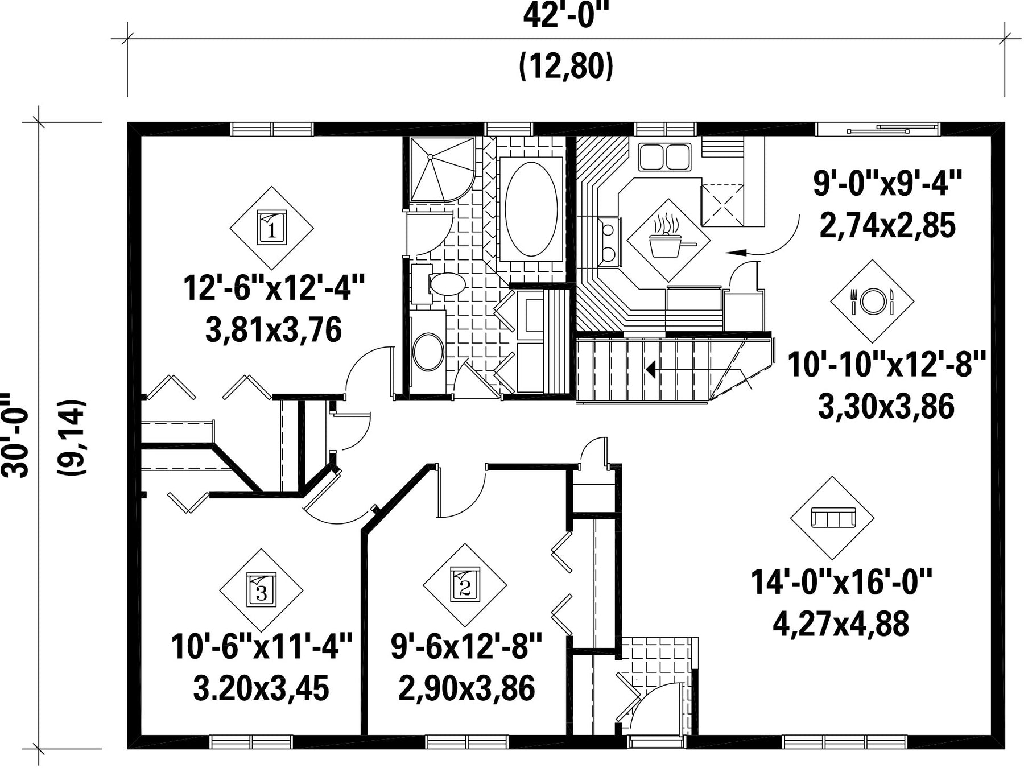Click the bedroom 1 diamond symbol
(x=271, y=228)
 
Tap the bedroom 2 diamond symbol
(x=465, y=585)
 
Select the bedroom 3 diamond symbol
(x=261, y=591)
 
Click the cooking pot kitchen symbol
(x=668, y=240)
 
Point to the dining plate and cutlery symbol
(x=872, y=301)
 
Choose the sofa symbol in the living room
(x=832, y=518)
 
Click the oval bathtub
(x=531, y=209)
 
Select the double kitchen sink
(x=664, y=157)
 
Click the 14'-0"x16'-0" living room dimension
(x=841, y=582)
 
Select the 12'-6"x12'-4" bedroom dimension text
(x=274, y=288)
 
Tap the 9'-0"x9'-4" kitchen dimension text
(x=887, y=184)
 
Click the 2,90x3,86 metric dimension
(x=466, y=688)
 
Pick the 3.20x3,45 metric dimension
(x=261, y=688)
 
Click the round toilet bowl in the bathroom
(x=428, y=352)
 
